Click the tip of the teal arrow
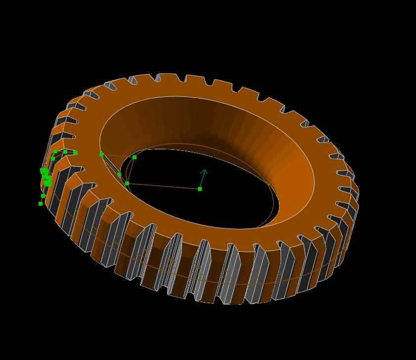pos(204,170)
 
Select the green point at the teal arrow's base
pos(200,188)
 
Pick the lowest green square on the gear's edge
pos(41,203)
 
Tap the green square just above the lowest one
pos(43,195)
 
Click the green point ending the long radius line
pos(127,183)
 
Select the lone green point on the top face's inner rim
pos(101,155)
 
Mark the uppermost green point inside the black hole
pos(135,157)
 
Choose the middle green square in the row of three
pos(65,152)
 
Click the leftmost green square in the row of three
pos(55,151)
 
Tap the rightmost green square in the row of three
pos(75,153)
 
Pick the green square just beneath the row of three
pos(53,159)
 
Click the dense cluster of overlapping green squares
pos(46,177)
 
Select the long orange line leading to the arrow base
pos(163,186)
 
